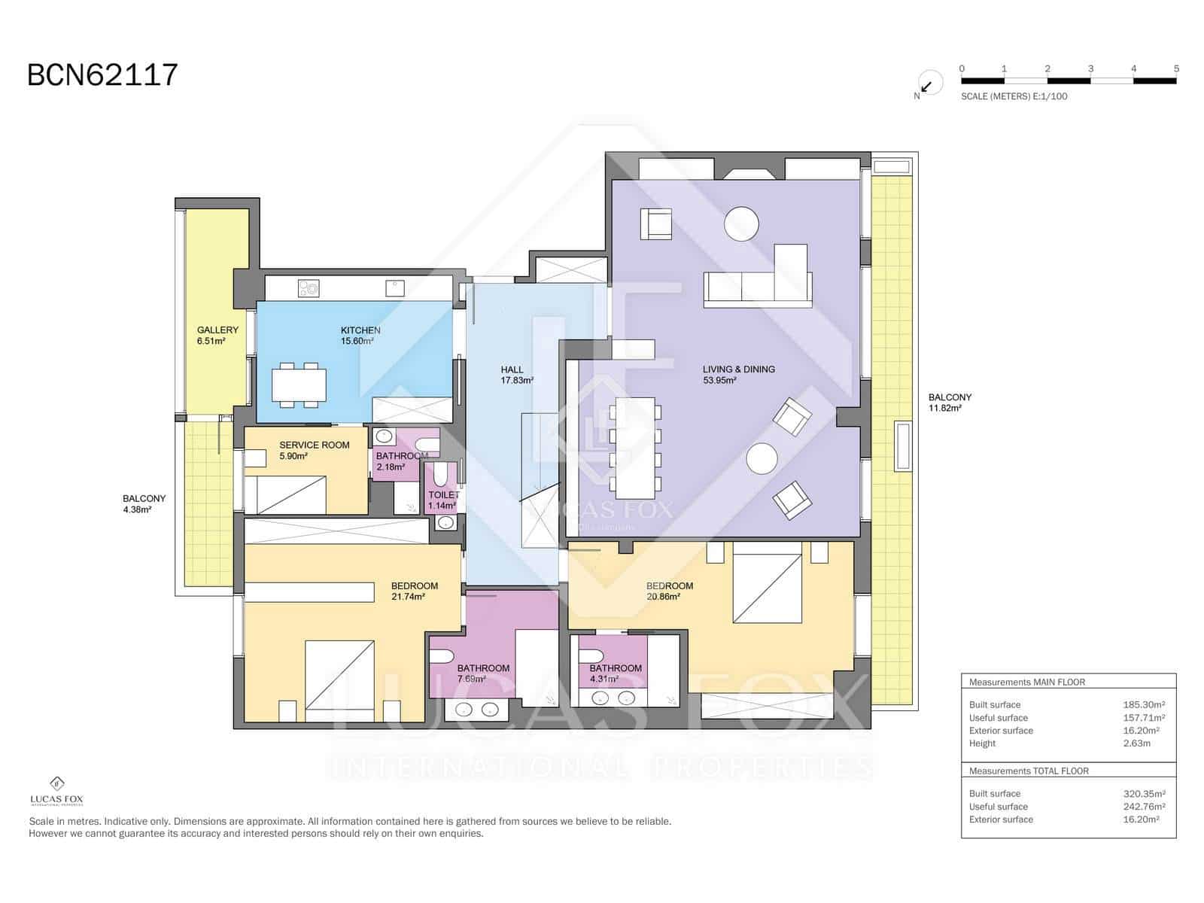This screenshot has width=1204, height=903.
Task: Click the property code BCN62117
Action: (x=102, y=75)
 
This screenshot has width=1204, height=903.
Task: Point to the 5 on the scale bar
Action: (x=1176, y=68)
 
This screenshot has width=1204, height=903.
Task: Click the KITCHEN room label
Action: (x=360, y=336)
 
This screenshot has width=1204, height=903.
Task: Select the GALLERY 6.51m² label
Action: (x=217, y=336)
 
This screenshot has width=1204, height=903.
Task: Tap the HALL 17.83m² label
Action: (x=515, y=375)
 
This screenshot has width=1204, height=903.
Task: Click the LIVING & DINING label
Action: (x=738, y=375)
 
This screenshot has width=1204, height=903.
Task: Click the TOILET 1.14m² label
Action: (x=442, y=500)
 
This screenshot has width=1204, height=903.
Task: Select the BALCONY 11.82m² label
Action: (x=949, y=403)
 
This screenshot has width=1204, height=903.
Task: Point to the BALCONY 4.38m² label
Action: (x=144, y=503)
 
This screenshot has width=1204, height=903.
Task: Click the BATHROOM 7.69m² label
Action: (x=482, y=673)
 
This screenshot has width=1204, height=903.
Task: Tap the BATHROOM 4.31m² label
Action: (x=615, y=673)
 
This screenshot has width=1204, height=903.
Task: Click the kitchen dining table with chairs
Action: (x=299, y=385)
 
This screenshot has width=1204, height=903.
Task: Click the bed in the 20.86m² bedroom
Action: (x=767, y=588)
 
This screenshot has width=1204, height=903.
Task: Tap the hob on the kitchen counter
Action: (x=309, y=287)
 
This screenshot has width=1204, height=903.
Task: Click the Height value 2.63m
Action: (x=1136, y=743)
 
